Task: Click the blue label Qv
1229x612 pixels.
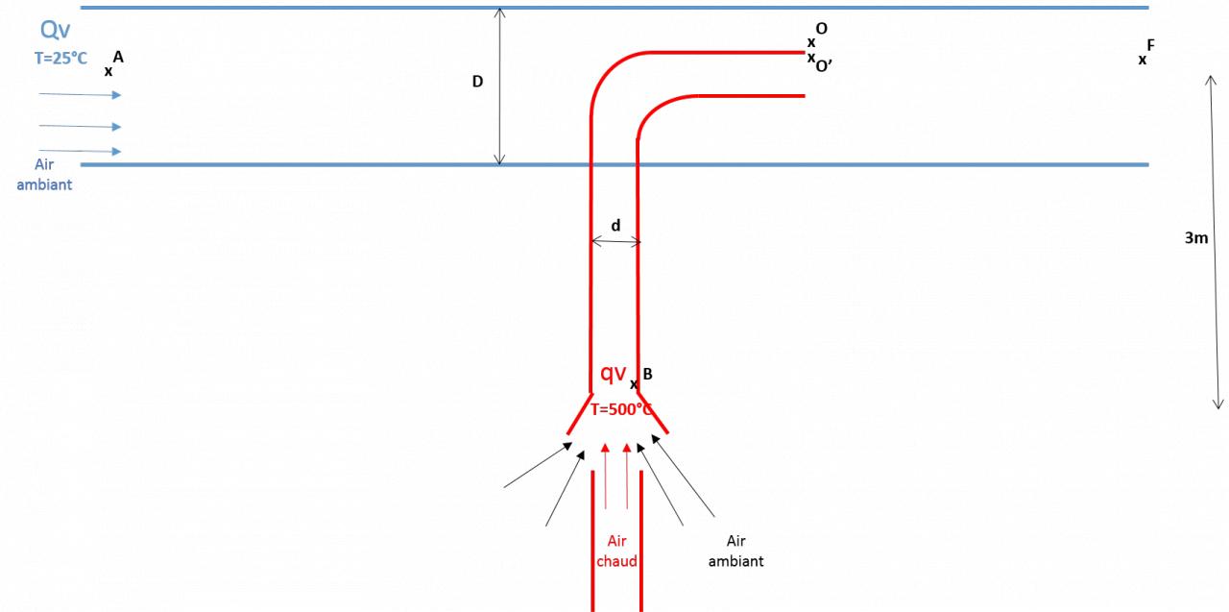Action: [56, 32]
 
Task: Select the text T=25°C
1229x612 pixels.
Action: [60, 59]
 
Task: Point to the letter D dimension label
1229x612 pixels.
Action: [477, 83]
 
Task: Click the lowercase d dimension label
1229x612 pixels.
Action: [615, 226]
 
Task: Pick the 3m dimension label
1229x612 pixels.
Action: [1195, 238]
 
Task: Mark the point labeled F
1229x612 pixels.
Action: [1143, 60]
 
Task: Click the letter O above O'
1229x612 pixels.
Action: [821, 29]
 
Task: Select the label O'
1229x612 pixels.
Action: [823, 66]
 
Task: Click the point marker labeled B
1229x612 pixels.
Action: [634, 385]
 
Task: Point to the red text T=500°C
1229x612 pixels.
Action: [621, 409]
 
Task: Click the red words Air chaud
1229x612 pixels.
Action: [616, 551]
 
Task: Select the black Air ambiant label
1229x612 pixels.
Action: [736, 551]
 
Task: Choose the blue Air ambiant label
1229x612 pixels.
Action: [45, 174]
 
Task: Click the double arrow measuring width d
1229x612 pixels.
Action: [615, 242]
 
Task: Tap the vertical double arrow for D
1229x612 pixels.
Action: [499, 86]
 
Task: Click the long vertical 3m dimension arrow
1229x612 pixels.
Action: [1217, 240]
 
